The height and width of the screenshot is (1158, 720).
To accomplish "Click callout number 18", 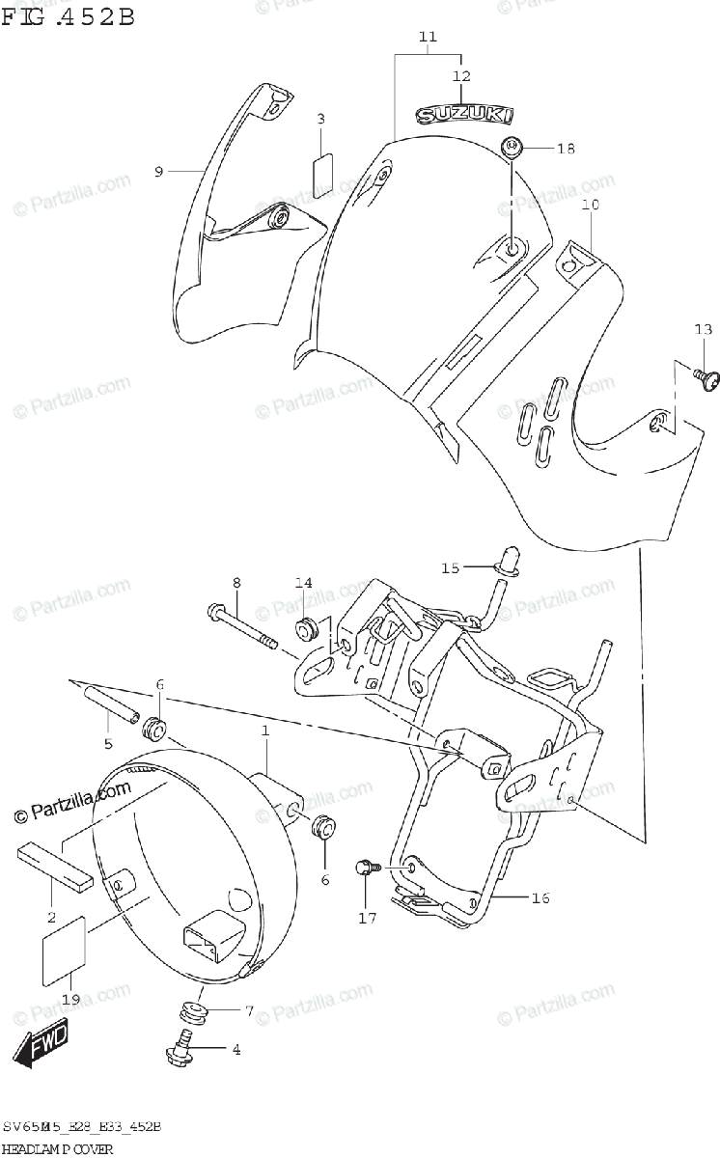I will coord(566,149).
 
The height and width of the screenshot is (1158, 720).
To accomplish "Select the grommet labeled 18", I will coord(512,148).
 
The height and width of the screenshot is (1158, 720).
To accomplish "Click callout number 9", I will coord(158,171).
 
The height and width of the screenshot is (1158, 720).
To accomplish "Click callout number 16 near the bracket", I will coord(540,898).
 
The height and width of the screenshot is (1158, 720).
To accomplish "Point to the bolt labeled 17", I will coord(366,868).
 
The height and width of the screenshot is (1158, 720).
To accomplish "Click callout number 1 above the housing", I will coord(263,732).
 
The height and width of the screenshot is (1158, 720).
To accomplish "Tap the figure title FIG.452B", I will coord(67,16).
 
